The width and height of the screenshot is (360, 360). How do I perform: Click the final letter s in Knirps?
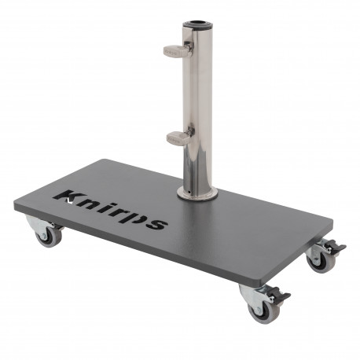156,222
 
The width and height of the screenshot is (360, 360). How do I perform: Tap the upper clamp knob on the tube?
176,51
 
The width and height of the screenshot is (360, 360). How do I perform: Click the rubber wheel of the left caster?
48,236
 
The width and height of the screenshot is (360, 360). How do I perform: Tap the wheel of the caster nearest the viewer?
261,310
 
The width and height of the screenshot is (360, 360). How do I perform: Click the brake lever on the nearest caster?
279,296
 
